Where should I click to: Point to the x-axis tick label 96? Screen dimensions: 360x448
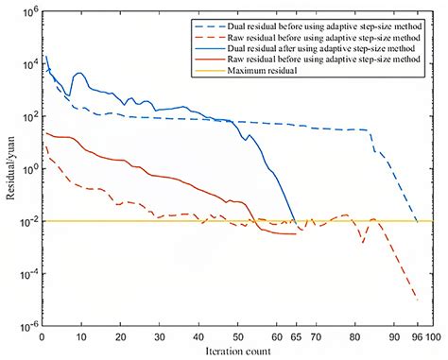417,336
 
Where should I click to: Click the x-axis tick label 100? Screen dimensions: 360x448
433,336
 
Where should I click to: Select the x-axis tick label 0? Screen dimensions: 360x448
42,336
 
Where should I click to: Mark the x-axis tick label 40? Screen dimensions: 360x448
198,336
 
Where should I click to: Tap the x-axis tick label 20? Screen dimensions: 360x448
120,336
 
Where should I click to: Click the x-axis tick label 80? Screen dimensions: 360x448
354,336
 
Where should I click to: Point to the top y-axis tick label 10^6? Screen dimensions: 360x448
28,11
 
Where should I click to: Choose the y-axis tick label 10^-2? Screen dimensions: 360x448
26,222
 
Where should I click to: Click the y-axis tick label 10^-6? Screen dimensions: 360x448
26,327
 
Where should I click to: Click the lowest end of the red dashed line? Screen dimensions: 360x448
417,300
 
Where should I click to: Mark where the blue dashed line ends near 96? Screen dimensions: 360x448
417,221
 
